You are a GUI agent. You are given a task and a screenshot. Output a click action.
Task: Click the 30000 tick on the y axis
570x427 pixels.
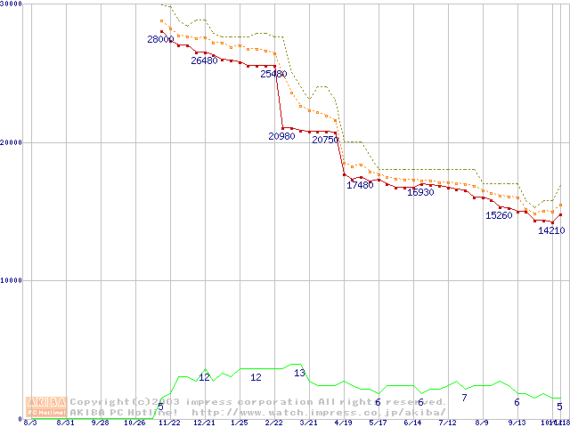pyautogui.click(x=11, y=4)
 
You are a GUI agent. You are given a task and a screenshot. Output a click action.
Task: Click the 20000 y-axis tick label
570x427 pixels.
pyautogui.click(x=11, y=142)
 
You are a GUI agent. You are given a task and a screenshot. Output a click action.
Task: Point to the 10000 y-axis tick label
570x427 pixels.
pyautogui.click(x=11, y=280)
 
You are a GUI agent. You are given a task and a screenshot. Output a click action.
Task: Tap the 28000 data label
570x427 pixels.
pyautogui.click(x=160, y=40)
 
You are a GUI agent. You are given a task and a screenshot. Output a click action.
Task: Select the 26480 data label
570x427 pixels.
pyautogui.click(x=204, y=61)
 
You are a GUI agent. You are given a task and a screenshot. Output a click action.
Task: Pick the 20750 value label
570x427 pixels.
pyautogui.click(x=325, y=141)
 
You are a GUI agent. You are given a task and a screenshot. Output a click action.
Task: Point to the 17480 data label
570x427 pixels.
pyautogui.click(x=360, y=185)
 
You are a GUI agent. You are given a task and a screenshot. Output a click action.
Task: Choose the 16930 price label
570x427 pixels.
pyautogui.click(x=420, y=192)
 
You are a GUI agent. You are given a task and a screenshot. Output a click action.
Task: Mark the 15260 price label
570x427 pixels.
pyautogui.click(x=499, y=215)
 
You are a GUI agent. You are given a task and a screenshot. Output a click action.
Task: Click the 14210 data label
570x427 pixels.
pyautogui.click(x=551, y=231)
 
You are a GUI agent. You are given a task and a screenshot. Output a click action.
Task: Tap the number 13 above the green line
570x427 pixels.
pyautogui.click(x=300, y=373)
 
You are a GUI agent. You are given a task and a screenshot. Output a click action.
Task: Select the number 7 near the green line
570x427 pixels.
pyautogui.click(x=464, y=397)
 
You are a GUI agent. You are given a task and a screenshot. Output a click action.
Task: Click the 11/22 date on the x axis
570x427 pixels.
pyautogui.click(x=169, y=423)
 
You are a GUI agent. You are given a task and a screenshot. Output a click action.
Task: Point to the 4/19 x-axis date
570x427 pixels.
pyautogui.click(x=343, y=423)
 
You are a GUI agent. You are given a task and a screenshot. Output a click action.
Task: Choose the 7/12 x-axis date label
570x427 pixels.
pyautogui.click(x=447, y=423)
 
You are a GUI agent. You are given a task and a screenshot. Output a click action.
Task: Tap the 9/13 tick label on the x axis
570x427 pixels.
pyautogui.click(x=517, y=423)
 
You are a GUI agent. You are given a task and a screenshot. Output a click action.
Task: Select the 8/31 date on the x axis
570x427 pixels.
pyautogui.click(x=65, y=423)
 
